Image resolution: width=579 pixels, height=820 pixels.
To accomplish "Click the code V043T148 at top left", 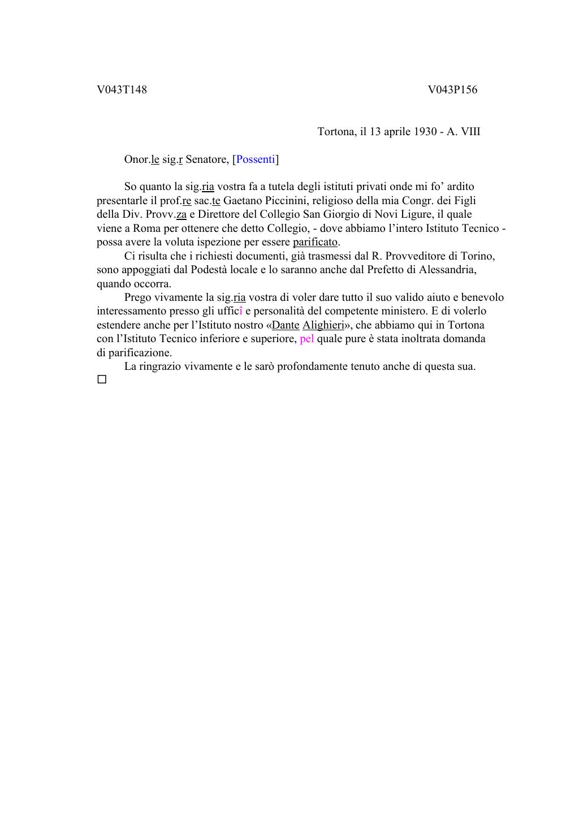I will coord(122,90).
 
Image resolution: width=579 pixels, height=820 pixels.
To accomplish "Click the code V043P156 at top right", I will coord(452,90).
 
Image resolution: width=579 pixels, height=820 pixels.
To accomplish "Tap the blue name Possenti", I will coord(256,159).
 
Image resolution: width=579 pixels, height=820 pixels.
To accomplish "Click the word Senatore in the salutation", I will coord(206,159).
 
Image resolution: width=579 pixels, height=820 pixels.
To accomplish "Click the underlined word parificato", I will coord(315,243).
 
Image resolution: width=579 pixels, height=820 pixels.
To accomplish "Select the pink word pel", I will coord(306,339).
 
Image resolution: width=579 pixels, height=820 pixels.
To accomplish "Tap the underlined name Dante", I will coord(286,325).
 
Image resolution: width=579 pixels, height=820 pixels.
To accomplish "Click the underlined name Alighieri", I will coord(323,325).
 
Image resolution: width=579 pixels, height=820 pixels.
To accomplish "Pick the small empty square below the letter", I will coord(102,380).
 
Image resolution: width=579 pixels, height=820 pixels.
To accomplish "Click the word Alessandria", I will coord(447,270).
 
